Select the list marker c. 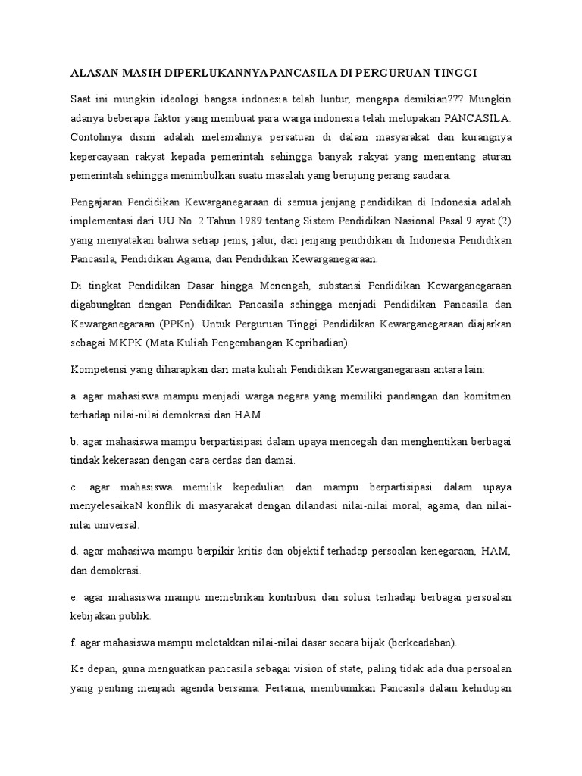point(74,487)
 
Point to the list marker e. point(74,598)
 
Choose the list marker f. point(73,643)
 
